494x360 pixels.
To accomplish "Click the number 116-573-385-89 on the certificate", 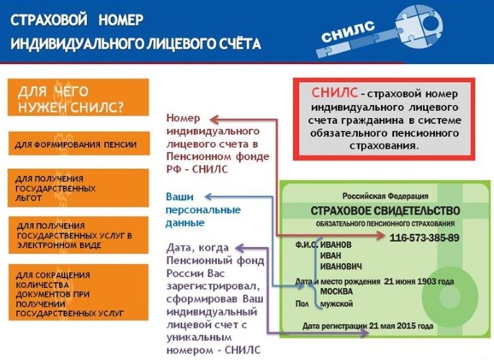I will tap(424, 238).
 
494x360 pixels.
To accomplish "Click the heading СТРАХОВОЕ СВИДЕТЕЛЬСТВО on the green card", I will tap(385, 210).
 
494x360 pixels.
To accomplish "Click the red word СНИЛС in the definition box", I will tap(335, 93).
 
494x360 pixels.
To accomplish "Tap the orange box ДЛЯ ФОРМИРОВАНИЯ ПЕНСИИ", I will tap(78, 144).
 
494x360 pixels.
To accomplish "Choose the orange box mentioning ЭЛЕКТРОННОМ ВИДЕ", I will tap(78, 235).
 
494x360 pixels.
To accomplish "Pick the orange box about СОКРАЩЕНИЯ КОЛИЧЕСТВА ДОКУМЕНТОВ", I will tap(78, 294).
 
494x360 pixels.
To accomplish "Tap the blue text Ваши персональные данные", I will tap(203, 210).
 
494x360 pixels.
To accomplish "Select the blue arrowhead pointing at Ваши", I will tap(207, 196).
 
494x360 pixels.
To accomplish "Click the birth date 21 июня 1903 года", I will tap(418, 281).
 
